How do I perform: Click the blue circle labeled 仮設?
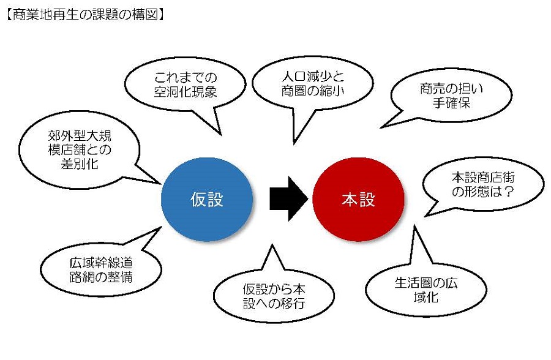(x=207, y=200)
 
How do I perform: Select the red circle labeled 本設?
(x=358, y=200)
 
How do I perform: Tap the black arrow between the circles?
(x=289, y=199)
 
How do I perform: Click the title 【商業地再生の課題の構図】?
(x=85, y=15)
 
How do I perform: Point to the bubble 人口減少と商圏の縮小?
(x=312, y=84)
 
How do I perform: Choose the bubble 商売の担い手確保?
(x=451, y=96)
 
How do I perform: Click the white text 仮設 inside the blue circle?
(x=207, y=200)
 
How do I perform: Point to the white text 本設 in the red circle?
(x=358, y=200)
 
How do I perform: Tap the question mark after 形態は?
(x=508, y=192)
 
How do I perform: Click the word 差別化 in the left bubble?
(x=80, y=164)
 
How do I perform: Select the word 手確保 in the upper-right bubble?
(x=451, y=103)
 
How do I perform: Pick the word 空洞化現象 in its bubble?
(x=185, y=92)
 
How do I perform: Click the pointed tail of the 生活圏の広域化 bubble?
(x=415, y=227)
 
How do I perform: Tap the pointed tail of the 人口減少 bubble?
(x=294, y=143)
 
